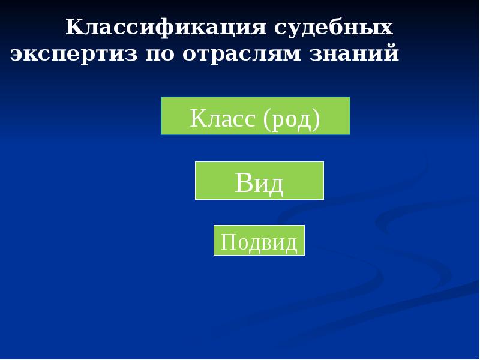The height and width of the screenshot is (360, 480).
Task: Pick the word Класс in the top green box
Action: [x=221, y=118]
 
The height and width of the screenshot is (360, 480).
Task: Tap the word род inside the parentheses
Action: [x=290, y=119]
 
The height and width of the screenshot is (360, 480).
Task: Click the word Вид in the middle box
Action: [x=259, y=183]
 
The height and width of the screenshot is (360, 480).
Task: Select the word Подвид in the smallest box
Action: [x=259, y=242]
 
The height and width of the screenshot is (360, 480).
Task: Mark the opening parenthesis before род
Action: [x=266, y=119]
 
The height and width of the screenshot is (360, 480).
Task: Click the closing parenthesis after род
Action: [x=316, y=119]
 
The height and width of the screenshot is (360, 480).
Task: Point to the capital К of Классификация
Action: [x=75, y=28]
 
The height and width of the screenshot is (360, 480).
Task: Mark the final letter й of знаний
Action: [x=392, y=54]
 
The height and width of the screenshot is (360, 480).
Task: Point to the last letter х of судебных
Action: [x=386, y=28]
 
